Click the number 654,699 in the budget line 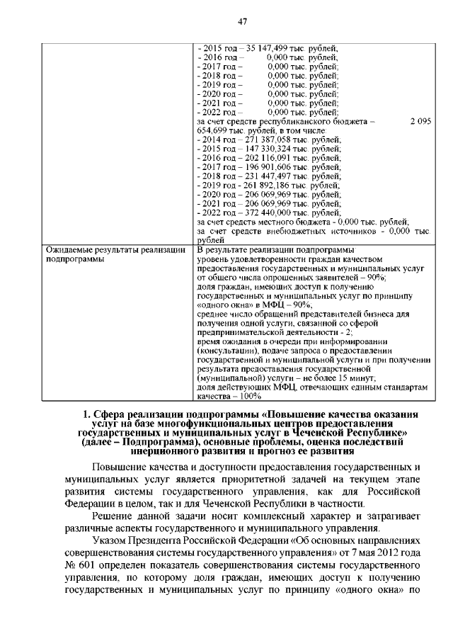click(212, 131)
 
